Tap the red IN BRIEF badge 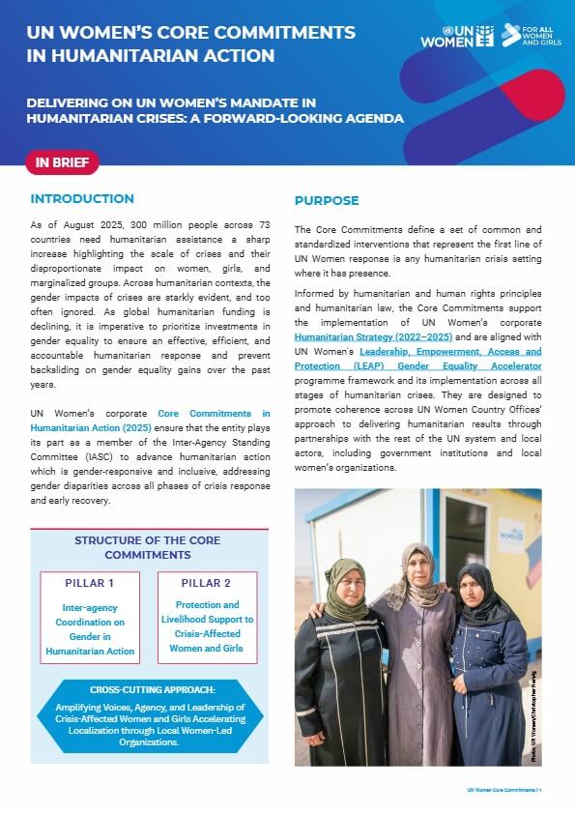(x=62, y=162)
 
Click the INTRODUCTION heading (x=82, y=199)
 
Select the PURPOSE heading (x=327, y=201)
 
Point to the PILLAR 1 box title (x=90, y=584)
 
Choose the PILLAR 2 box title (x=207, y=584)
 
